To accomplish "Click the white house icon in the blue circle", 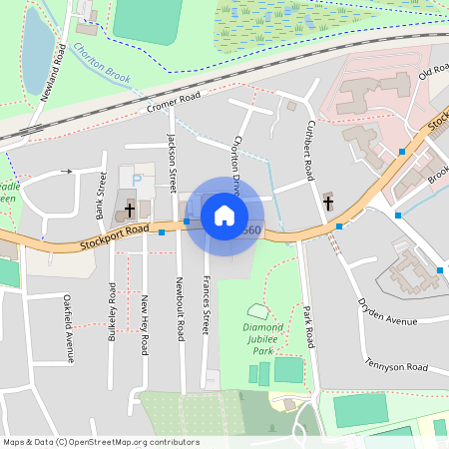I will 224,214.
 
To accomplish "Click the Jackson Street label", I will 172,156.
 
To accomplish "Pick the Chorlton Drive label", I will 236,161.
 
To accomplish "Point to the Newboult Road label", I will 180,303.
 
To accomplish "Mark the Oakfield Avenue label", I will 69,328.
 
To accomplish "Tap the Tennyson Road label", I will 396,366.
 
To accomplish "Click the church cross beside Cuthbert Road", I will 328,203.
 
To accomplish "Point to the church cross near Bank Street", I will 130,212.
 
